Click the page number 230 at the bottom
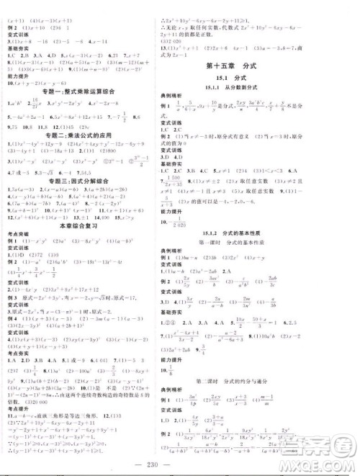pos(180,464)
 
